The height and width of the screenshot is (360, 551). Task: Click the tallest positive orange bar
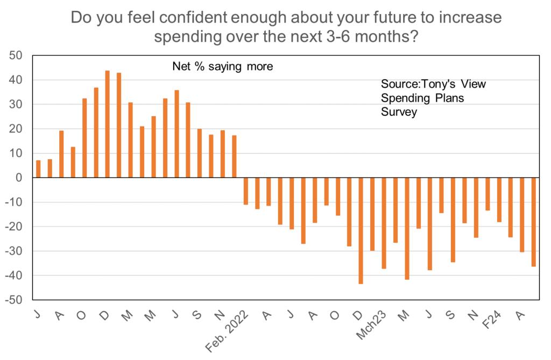(x=107, y=124)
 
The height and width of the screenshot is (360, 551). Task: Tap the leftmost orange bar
(x=38, y=169)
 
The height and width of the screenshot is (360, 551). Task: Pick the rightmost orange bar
(x=533, y=222)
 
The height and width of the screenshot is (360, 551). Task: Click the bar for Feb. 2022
(x=246, y=191)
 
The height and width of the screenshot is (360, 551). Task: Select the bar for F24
(x=499, y=200)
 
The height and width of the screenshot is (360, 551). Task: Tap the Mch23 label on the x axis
(x=371, y=325)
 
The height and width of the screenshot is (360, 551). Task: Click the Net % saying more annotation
(x=222, y=67)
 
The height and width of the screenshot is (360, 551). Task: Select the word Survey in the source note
(x=398, y=112)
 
